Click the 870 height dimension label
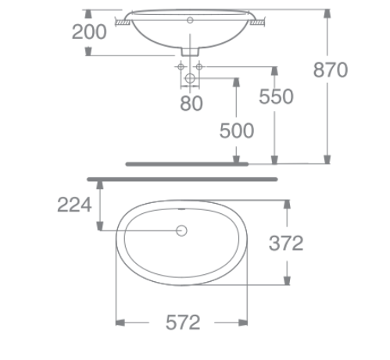(330, 70)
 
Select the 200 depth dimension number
(89, 32)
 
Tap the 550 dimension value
(276, 96)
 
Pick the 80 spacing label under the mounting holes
(191, 103)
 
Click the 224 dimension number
(75, 205)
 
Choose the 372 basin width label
(285, 243)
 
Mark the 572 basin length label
(183, 322)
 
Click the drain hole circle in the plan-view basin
(183, 231)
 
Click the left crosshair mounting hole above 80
(181, 67)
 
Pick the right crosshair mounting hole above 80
(200, 67)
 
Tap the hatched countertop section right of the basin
(256, 23)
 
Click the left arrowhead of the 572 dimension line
(120, 321)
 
